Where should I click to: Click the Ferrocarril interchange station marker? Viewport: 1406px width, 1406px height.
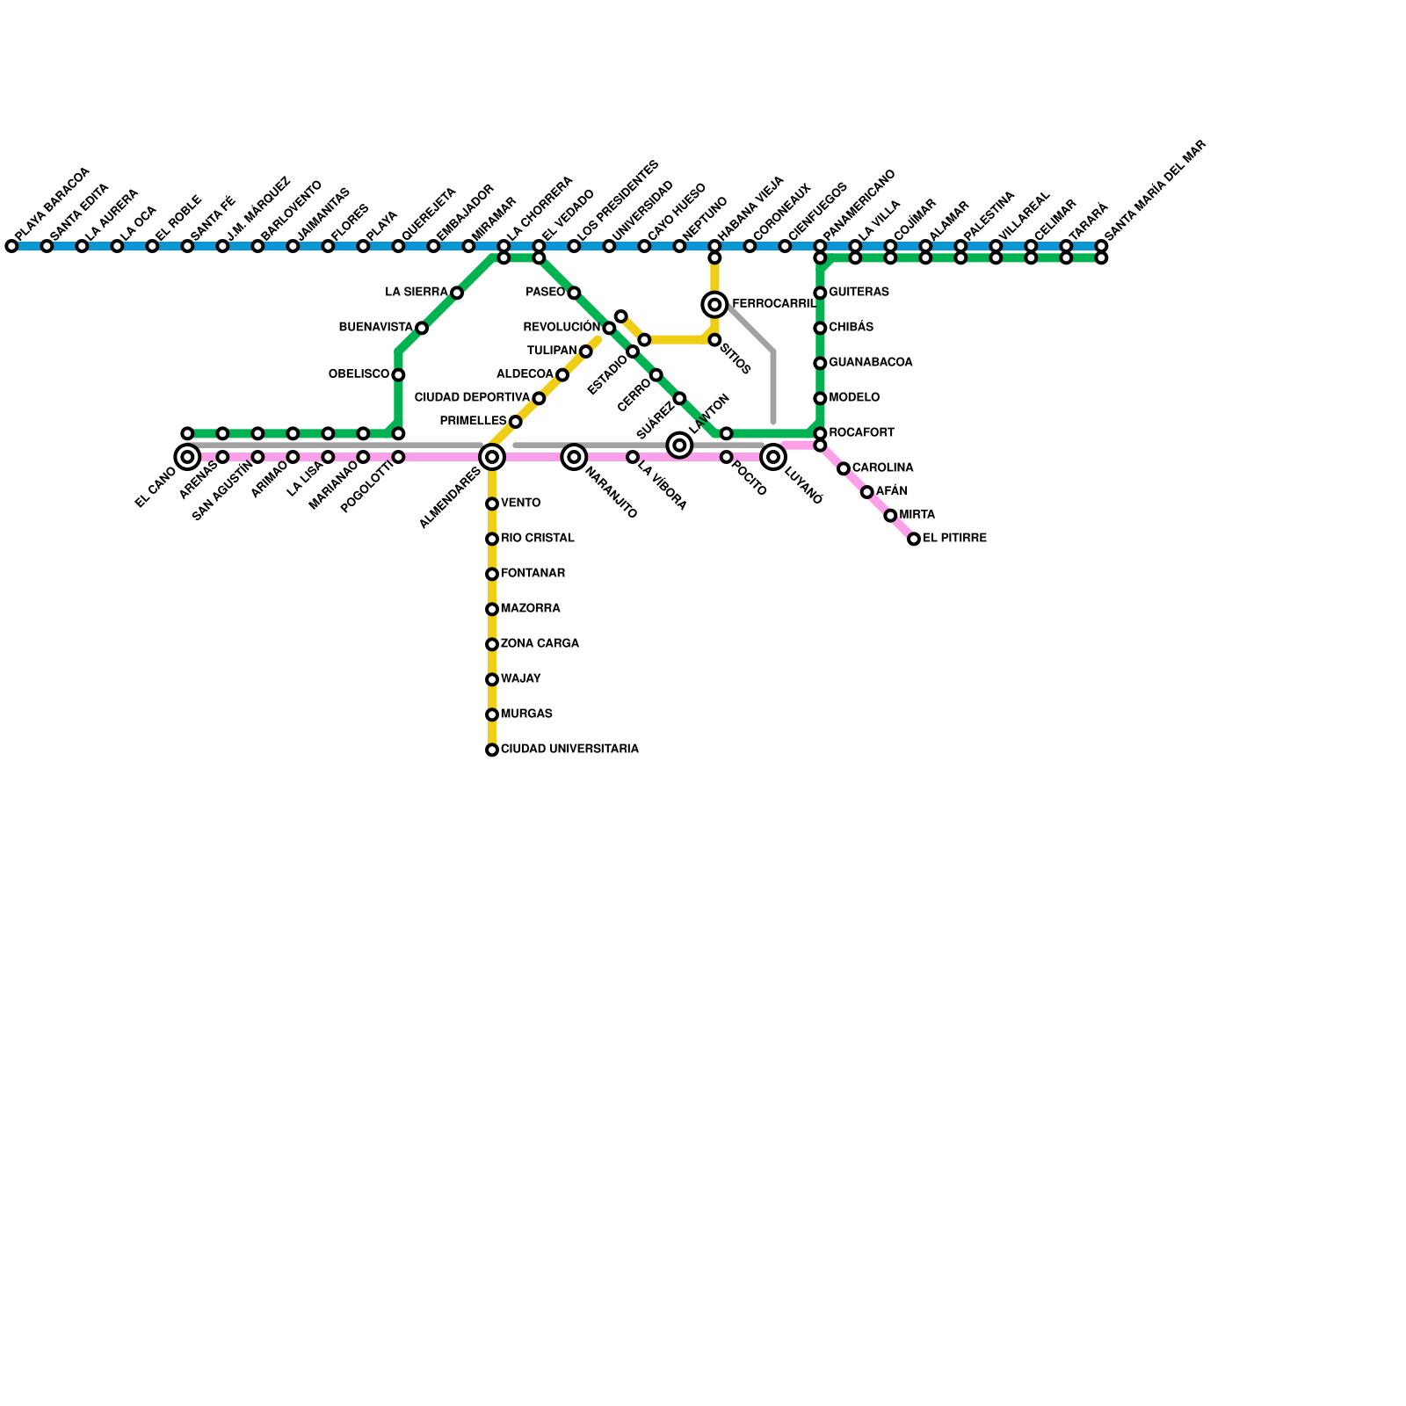click(x=714, y=305)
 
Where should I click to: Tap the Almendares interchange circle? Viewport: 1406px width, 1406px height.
click(x=492, y=457)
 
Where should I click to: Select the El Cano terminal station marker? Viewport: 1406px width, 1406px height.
click(x=187, y=457)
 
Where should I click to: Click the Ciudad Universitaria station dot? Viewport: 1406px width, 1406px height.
click(x=492, y=750)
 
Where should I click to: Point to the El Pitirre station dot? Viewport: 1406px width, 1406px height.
click(x=914, y=539)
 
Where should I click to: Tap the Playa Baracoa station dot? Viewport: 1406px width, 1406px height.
click(x=11, y=246)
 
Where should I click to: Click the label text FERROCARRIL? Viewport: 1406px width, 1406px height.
click(x=773, y=304)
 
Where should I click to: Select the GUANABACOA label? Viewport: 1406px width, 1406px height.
click(x=870, y=362)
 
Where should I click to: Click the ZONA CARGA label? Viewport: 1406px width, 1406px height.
click(x=540, y=643)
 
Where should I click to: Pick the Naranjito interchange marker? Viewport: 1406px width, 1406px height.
click(x=574, y=457)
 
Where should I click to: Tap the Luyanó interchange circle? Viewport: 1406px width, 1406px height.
click(x=773, y=457)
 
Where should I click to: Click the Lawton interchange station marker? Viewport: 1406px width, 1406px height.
click(x=679, y=446)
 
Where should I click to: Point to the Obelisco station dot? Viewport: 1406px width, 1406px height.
click(x=398, y=375)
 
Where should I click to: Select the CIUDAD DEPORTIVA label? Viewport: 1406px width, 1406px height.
click(x=472, y=397)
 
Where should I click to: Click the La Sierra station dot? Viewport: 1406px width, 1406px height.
click(x=457, y=293)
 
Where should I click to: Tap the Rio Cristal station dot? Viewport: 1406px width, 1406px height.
click(x=492, y=539)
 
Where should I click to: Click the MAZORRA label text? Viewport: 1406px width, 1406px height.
click(x=530, y=608)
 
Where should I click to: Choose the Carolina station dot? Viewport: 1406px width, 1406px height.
click(x=844, y=468)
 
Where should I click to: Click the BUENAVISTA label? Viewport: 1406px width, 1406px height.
click(x=375, y=327)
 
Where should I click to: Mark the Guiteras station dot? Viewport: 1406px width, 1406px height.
click(x=820, y=293)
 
